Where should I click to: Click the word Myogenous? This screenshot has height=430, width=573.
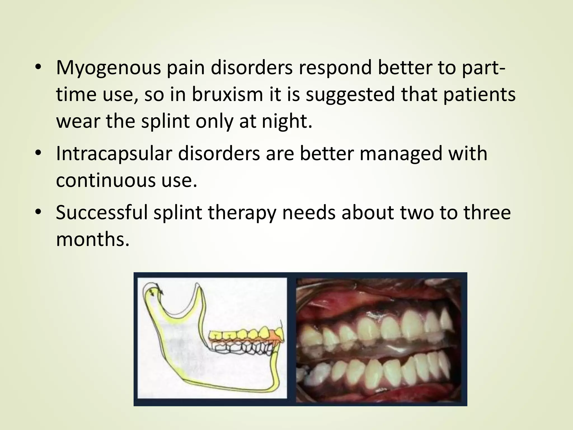point(108,68)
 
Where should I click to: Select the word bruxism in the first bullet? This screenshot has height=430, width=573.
point(227,95)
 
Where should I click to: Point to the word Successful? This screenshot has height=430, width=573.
point(102,212)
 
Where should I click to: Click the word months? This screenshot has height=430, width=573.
point(93,239)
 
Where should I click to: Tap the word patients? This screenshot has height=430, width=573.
point(479,95)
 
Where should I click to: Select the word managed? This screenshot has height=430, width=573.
point(401,154)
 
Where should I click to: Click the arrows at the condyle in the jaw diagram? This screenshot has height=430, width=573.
point(157,290)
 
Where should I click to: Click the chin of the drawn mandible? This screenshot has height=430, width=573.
point(276,384)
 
